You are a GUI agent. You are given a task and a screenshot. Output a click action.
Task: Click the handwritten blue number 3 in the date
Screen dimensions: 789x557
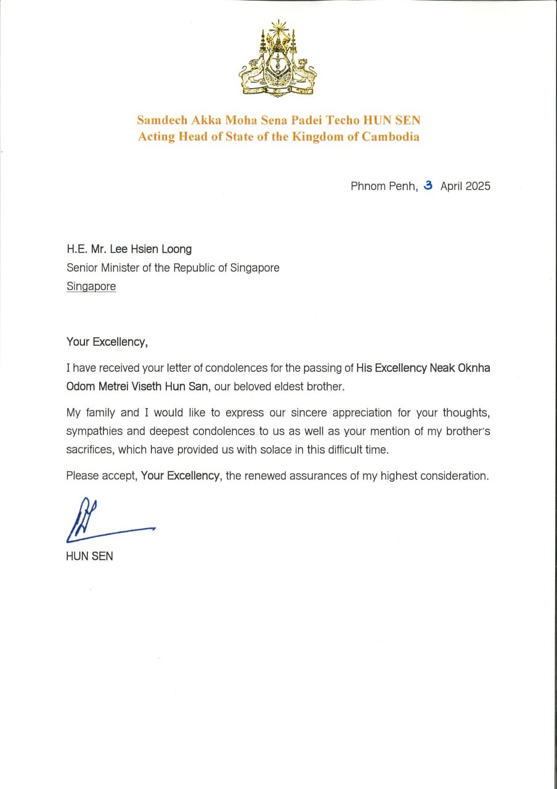click(429, 186)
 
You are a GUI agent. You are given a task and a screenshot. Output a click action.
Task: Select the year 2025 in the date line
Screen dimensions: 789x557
click(478, 186)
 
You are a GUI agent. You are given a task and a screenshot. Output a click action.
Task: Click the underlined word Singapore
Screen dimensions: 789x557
click(91, 287)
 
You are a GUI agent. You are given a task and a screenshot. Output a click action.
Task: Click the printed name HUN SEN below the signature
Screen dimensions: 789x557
click(89, 556)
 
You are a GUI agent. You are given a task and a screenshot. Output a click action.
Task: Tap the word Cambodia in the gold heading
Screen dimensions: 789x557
click(391, 137)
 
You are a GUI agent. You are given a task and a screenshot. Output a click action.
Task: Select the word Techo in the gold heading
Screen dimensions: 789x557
click(338, 120)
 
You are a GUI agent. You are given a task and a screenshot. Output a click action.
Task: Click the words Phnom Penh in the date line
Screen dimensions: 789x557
click(383, 186)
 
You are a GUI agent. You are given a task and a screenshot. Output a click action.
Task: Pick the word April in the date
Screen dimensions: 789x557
click(451, 186)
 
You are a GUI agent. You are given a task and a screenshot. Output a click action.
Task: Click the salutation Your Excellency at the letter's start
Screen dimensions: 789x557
click(107, 342)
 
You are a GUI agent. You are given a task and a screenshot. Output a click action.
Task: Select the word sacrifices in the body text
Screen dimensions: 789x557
click(89, 450)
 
